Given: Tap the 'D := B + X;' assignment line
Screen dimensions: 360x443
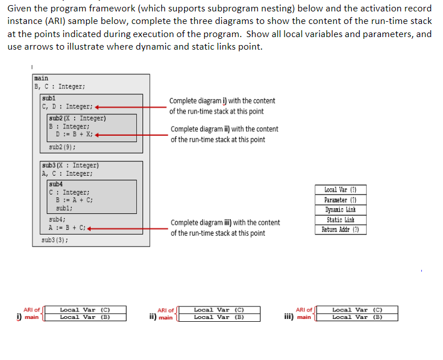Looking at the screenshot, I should (74, 135).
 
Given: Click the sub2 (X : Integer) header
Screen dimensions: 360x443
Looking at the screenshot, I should (78, 119).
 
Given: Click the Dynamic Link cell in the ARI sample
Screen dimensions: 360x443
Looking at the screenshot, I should (340, 210).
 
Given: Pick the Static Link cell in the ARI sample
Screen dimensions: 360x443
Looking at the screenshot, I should (340, 220).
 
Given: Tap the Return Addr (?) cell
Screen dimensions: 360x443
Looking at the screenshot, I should (340, 230).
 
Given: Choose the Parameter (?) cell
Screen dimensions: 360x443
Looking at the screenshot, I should (340, 200).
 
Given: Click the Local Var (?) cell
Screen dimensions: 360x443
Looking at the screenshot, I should (340, 189).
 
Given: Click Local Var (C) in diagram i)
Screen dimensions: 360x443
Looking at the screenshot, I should (85, 310).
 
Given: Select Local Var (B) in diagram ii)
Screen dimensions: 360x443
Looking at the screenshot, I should (219, 317).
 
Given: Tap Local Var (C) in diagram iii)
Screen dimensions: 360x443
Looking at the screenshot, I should (357, 310).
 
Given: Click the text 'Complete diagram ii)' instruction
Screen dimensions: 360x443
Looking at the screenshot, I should (224, 129).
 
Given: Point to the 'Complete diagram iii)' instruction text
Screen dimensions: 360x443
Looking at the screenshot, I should (225, 223).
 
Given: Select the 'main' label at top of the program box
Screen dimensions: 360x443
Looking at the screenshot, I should (42, 78).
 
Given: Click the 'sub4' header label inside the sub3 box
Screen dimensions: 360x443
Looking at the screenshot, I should (56, 184).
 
